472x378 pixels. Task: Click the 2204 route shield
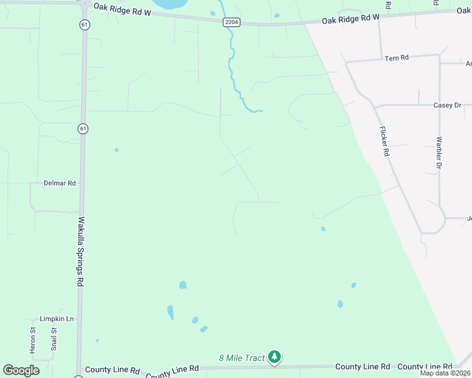(x=230, y=22)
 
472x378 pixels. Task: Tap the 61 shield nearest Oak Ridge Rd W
(x=84, y=25)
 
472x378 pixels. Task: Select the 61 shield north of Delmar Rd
(x=83, y=129)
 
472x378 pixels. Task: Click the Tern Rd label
(x=397, y=58)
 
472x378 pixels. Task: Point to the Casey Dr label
(x=447, y=106)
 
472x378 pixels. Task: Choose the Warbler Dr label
(x=439, y=154)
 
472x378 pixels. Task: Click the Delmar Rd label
(x=59, y=183)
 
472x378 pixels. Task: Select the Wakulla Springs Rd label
(x=81, y=252)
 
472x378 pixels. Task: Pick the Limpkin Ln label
(x=57, y=319)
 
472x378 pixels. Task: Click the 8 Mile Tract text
(x=242, y=358)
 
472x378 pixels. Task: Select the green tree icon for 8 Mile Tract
(x=274, y=357)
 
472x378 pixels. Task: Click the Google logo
(x=21, y=370)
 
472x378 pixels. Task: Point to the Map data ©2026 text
(x=445, y=373)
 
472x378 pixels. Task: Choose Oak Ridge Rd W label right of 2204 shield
(x=350, y=20)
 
